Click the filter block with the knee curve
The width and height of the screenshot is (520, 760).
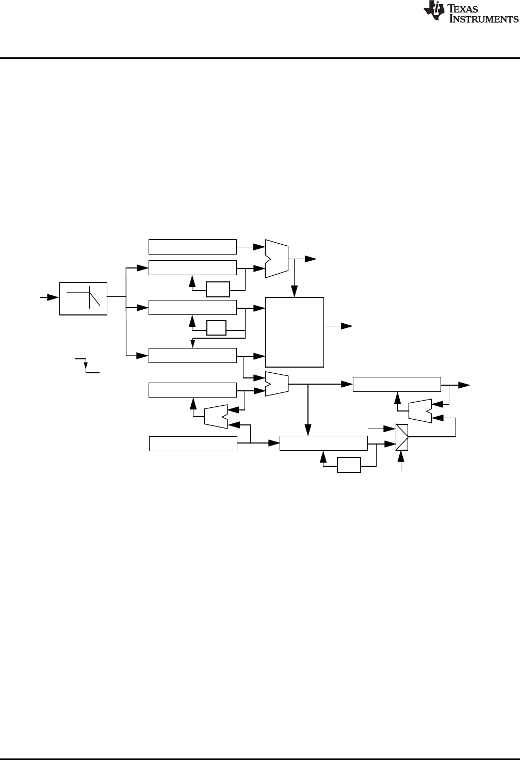[83, 298]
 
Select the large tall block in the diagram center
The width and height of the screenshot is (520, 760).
[295, 332]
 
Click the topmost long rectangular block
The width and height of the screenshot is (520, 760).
[192, 247]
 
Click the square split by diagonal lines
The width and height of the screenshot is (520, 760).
[402, 437]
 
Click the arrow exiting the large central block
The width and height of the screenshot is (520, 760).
[346, 326]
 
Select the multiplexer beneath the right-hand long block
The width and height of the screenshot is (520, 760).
[419, 410]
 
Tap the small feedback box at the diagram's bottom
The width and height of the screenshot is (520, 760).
[349, 465]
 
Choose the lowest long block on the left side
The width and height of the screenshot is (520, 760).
[193, 444]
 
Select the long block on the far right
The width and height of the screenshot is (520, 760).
[397, 385]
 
